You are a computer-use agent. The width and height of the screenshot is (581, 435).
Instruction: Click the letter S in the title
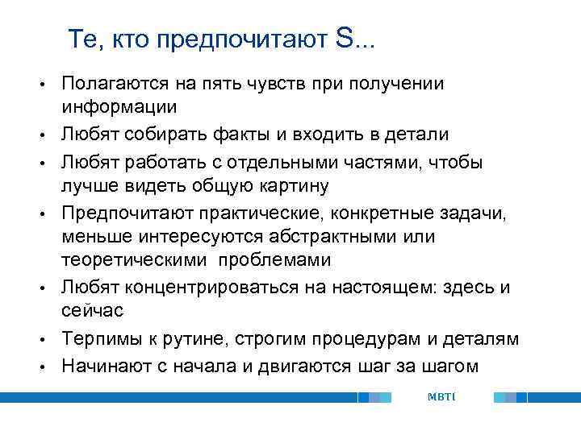(x=342, y=39)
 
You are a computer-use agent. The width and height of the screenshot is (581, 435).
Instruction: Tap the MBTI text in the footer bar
(x=441, y=397)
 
